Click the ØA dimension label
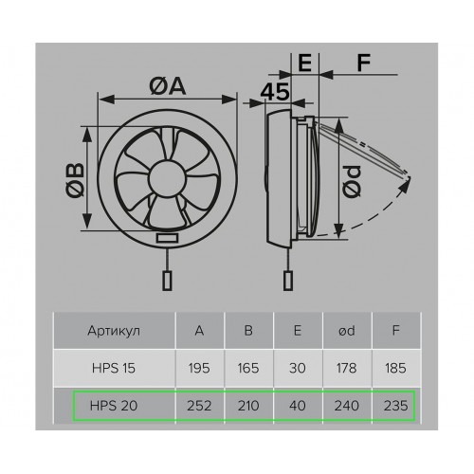point(167,86)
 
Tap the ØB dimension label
point(75,180)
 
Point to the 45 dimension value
point(275,92)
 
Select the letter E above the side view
point(304,63)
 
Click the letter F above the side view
point(363,63)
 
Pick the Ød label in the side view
point(352,181)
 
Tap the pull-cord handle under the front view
point(167,281)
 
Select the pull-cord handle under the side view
point(287,281)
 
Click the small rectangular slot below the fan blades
point(167,238)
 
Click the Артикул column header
point(114,331)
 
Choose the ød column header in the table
point(346,331)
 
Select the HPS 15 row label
point(114,368)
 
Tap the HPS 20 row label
point(114,406)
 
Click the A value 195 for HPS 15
point(199,368)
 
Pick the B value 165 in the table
point(248,368)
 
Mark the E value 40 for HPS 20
point(298,406)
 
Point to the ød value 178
point(346,368)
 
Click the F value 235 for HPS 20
point(395,406)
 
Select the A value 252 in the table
point(199,406)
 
